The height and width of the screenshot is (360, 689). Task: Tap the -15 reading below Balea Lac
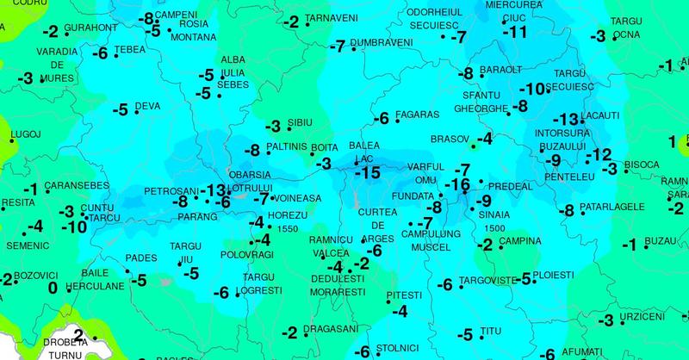tap(367, 173)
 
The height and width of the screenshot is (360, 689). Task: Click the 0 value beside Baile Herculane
tap(53, 288)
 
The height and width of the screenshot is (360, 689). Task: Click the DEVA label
tap(147, 107)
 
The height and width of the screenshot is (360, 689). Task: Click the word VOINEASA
tap(298, 198)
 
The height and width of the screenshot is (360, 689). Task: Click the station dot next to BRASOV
tap(473, 146)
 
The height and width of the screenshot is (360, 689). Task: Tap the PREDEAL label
tap(510, 185)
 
